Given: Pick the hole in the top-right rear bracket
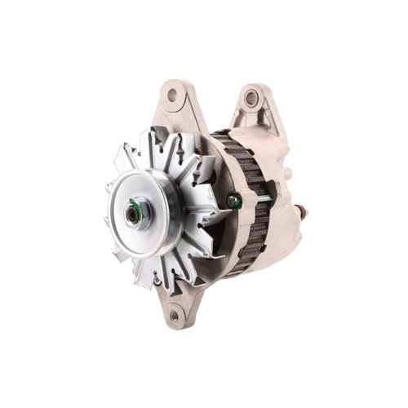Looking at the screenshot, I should [x=251, y=98].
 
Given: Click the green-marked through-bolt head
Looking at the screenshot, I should [x=234, y=200].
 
